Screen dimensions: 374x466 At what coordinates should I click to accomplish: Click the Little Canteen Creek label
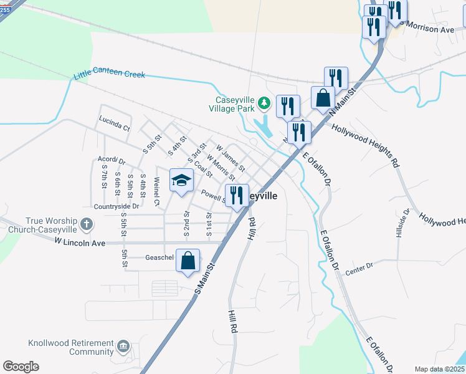[x=109, y=75]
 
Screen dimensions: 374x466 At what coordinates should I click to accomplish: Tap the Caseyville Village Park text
[x=235, y=104]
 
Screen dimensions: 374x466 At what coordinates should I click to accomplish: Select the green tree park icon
[x=264, y=102]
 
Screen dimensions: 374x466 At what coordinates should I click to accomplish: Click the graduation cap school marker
[x=181, y=181]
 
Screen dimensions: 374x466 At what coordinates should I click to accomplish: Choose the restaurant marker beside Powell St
[x=237, y=196]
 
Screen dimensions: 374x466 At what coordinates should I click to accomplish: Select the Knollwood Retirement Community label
[x=71, y=347]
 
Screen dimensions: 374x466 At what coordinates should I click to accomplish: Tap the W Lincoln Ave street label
[x=80, y=241]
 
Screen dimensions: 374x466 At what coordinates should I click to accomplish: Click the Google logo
[x=21, y=366]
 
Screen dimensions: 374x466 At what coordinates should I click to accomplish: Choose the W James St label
[x=231, y=158]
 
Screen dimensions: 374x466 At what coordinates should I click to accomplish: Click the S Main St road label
[x=204, y=279]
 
